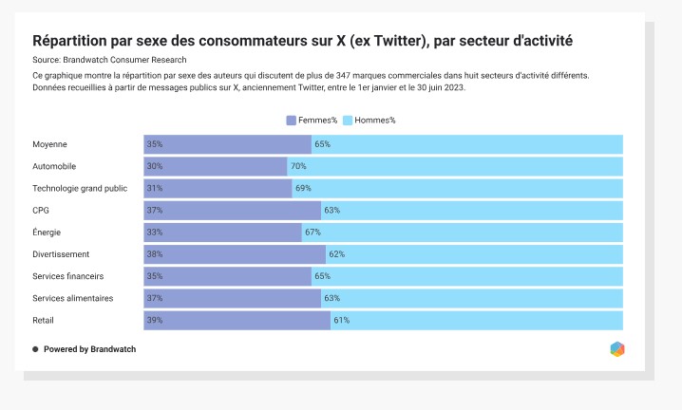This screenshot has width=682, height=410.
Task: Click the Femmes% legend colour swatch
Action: tap(291, 121)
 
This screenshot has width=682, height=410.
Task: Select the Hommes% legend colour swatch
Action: tap(348, 121)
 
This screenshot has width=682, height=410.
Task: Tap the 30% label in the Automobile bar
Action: tap(155, 166)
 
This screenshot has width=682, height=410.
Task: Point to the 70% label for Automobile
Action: tap(298, 166)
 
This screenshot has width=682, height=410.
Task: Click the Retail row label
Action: tap(43, 321)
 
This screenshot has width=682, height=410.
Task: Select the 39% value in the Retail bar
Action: tap(155, 321)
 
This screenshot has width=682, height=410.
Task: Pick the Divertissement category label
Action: tap(61, 254)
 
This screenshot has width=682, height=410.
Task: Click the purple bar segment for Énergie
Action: tap(222, 233)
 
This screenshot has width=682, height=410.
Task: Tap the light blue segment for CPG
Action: tap(472, 211)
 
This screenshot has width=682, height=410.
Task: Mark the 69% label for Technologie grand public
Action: tap(303, 188)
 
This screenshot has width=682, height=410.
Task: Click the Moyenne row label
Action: tap(49, 144)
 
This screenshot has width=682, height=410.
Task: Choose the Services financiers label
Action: tap(67, 276)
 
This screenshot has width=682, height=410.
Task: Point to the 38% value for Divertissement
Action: tap(155, 254)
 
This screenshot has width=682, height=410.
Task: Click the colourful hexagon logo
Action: tap(617, 349)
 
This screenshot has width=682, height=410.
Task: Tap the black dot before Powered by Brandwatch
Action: tap(35, 349)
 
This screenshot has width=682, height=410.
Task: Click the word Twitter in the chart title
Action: tap(398, 41)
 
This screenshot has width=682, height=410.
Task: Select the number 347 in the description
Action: tap(343, 76)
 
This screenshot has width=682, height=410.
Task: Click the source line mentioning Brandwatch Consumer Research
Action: tap(109, 60)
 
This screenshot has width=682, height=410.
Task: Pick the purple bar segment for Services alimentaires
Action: tap(233, 298)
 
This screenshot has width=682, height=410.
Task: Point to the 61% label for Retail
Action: tap(341, 321)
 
